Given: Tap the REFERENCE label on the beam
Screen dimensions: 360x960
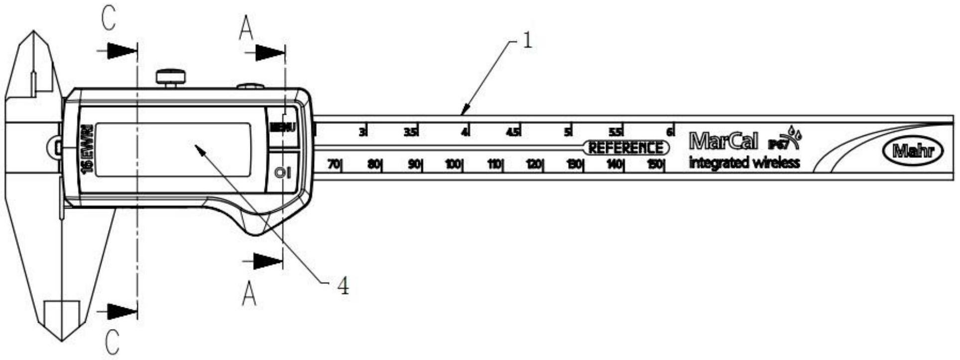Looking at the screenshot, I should (x=626, y=148).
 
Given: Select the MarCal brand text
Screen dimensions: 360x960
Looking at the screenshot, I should (x=723, y=141).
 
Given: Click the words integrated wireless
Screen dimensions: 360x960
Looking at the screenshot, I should (x=744, y=162).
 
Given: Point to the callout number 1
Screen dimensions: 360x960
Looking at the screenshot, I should (x=527, y=41).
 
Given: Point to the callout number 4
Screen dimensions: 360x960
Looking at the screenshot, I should (x=343, y=286).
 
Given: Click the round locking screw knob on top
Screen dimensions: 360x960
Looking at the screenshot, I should (x=171, y=77).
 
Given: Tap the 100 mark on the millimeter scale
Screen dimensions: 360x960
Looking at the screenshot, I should (x=453, y=164).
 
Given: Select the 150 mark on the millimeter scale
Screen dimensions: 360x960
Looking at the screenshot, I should (x=656, y=164).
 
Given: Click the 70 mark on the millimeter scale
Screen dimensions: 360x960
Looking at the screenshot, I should (x=334, y=164).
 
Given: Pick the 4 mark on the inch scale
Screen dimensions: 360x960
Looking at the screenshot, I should (x=464, y=132).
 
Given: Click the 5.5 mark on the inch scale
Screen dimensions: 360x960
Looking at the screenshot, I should (x=616, y=132).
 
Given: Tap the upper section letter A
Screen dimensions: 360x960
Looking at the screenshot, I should (x=246, y=29).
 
